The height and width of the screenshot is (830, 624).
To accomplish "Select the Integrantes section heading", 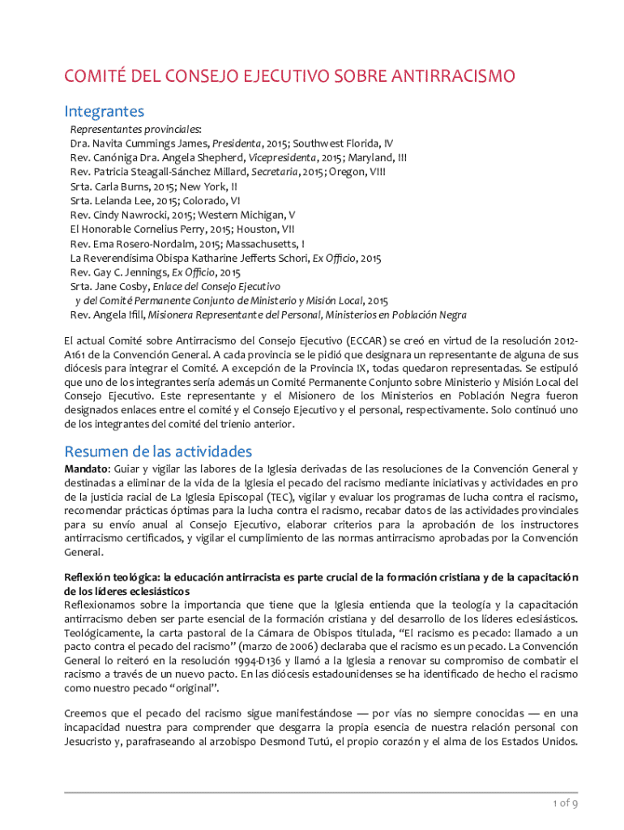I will coord(105,111).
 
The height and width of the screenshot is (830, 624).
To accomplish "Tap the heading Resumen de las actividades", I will coord(158,451).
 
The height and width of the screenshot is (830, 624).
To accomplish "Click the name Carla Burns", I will coord(123,186).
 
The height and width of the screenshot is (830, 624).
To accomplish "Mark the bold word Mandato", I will coord(86,468).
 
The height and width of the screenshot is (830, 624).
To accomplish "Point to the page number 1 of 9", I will coord(564,803).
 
